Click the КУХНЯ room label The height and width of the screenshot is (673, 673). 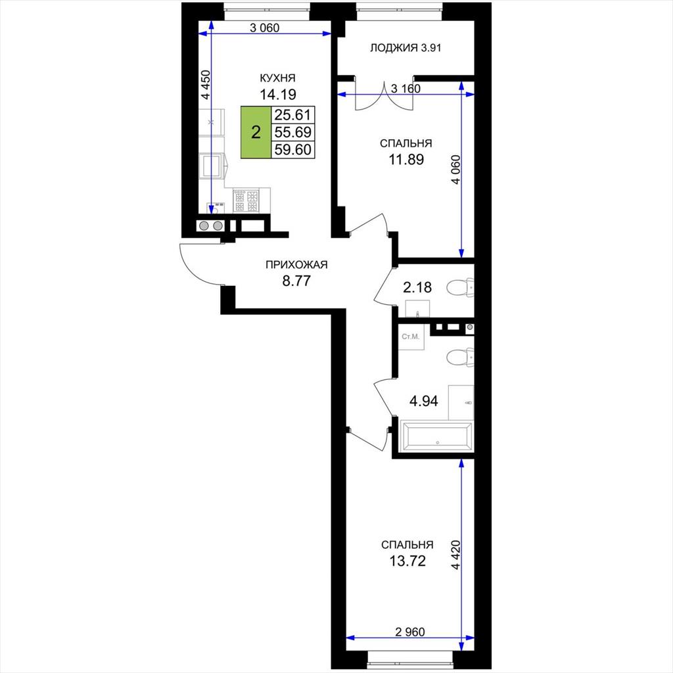pos(278,78)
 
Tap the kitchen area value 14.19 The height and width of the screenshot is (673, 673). pos(278,94)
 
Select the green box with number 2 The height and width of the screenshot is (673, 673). pos(256,131)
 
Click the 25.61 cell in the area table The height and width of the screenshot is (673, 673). pos(293,114)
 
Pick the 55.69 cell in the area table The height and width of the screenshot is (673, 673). pos(293,131)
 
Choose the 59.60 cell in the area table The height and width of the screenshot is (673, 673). pos(293,149)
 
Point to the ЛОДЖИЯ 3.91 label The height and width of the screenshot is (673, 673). pos(406,47)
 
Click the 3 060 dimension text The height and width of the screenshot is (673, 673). pos(264,28)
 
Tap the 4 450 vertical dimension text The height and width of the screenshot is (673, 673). pos(206,85)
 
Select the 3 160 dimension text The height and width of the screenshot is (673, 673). pos(406,89)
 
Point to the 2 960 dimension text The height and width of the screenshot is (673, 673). pos(410,632)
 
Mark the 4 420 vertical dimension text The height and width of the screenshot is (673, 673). pos(456,555)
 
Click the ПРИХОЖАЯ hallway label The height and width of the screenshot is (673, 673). pos(296,265)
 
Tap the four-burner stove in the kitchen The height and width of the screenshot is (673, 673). pos(246,201)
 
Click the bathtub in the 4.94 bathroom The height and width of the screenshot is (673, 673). pos(436,436)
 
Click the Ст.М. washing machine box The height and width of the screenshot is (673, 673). pos(411,337)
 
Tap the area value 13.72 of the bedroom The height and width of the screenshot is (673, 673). pos(407,561)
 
